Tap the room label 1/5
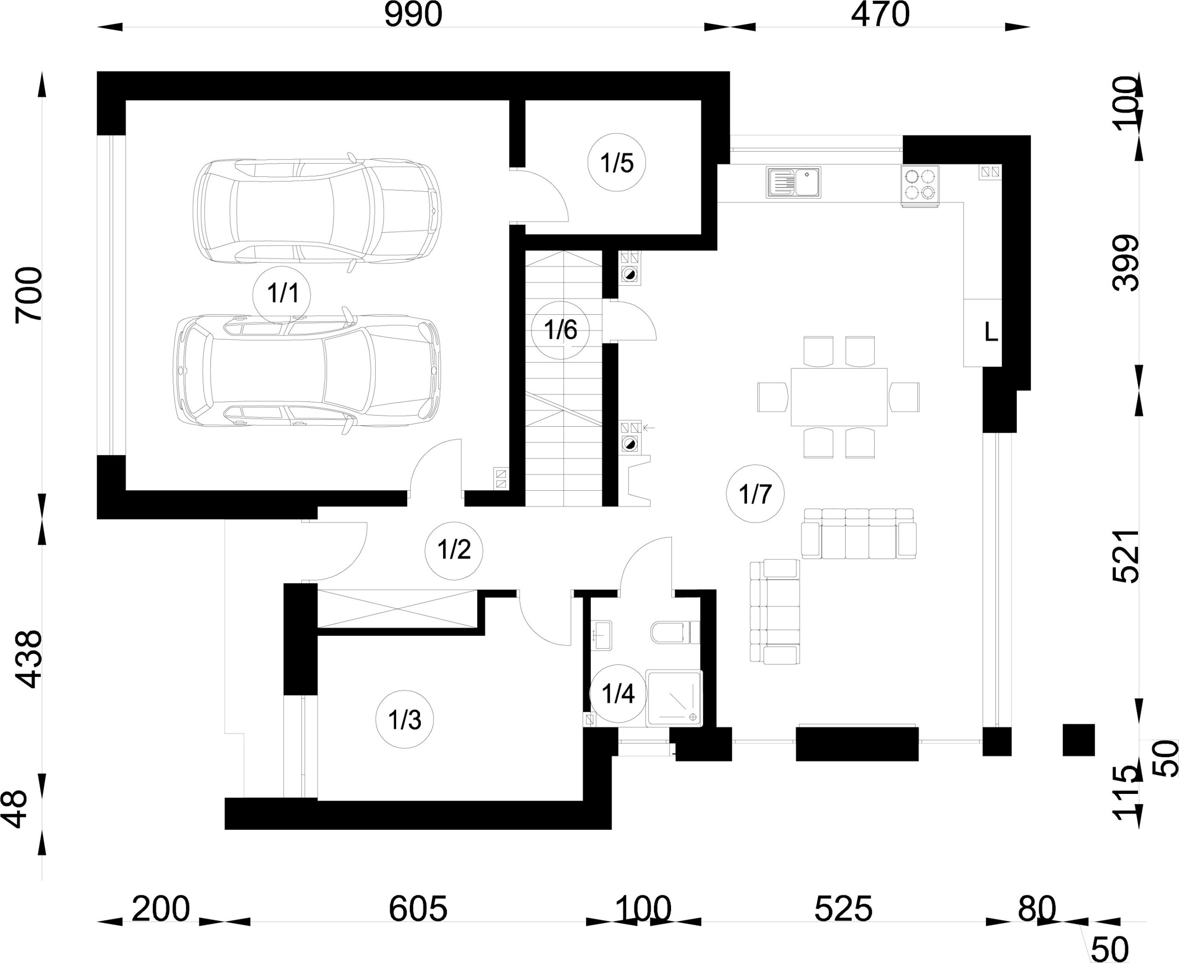(616, 163)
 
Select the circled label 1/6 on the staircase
(560, 330)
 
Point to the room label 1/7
(755, 493)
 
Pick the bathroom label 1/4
(618, 693)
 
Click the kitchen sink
(794, 182)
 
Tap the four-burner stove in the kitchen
(920, 185)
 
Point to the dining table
(839, 397)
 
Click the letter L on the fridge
(991, 332)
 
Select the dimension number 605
(418, 909)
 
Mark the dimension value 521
(1126, 557)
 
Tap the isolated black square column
(1079, 740)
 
